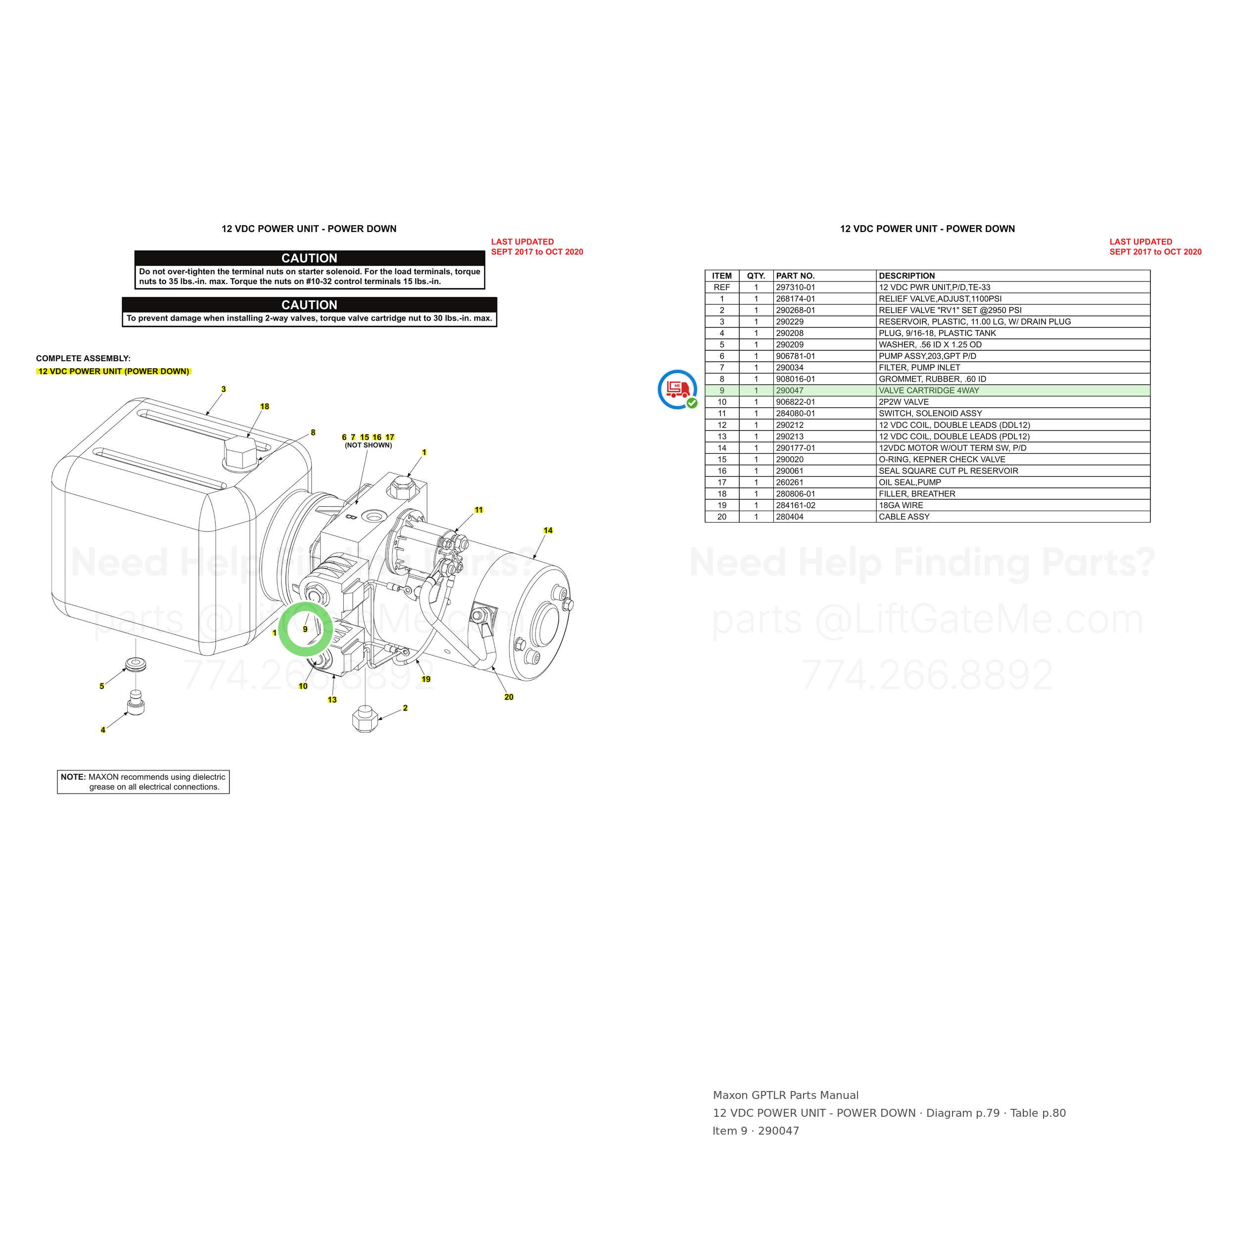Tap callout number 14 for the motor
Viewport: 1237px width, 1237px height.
coord(548,530)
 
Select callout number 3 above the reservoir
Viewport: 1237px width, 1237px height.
coord(224,389)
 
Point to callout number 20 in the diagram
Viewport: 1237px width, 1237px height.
coord(509,697)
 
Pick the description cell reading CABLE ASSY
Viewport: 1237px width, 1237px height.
coord(1013,517)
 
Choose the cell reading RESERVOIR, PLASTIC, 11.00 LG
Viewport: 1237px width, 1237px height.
coord(1013,322)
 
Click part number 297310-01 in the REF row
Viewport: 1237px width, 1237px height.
coord(795,287)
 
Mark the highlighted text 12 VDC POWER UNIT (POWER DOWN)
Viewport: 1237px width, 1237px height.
coord(113,372)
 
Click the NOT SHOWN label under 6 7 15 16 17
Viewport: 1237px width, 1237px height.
coord(368,445)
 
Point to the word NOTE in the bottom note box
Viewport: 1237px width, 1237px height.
coord(73,777)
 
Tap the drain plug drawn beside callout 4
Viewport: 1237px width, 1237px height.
coord(136,703)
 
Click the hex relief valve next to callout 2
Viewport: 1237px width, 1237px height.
coord(364,718)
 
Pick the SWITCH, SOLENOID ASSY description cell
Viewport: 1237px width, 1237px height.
coord(1013,414)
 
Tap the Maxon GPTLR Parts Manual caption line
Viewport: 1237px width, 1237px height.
coord(786,1095)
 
